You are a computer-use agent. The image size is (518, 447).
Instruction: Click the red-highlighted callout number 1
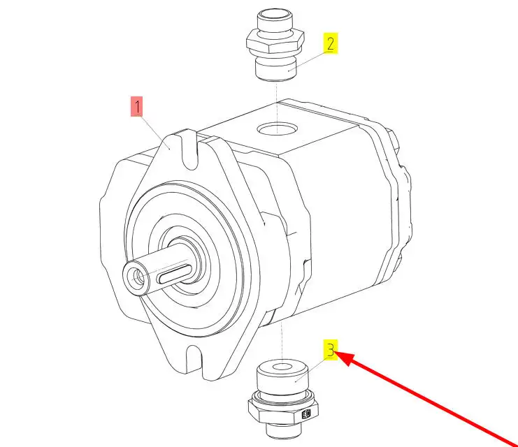point(137,106)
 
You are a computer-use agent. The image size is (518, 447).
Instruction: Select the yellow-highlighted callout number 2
point(331,43)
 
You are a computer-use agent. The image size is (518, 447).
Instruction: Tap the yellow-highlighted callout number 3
point(331,350)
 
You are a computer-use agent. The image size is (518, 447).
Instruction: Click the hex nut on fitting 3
point(283,409)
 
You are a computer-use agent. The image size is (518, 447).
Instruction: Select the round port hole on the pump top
point(278,129)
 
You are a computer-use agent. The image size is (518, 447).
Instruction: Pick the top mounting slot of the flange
point(189,151)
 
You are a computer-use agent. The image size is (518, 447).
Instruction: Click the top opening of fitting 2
point(275,15)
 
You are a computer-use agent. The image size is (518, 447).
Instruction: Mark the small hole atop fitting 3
point(282,367)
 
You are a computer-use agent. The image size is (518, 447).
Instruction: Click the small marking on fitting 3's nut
point(307,413)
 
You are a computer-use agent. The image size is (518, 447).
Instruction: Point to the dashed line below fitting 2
point(277,108)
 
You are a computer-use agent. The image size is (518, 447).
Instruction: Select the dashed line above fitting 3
point(282,341)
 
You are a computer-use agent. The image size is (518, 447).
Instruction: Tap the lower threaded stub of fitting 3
point(284,430)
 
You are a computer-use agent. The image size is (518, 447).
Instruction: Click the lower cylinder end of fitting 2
point(277,69)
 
